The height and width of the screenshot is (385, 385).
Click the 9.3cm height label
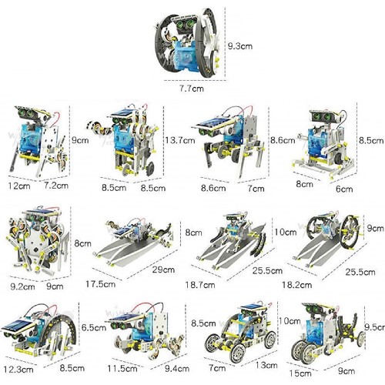pyautogui.click(x=240, y=46)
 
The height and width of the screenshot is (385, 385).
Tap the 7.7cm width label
pyautogui.click(x=192, y=89)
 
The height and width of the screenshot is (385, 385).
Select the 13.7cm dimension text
pyautogui.click(x=180, y=140)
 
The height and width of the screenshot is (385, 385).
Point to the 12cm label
pyautogui.click(x=19, y=186)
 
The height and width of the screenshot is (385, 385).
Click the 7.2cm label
pyautogui.click(x=56, y=185)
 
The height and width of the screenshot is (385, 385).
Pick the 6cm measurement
pyautogui.click(x=344, y=189)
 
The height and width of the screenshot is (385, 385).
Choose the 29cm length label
pyautogui.click(x=163, y=269)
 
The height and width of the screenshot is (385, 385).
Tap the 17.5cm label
pyautogui.click(x=100, y=284)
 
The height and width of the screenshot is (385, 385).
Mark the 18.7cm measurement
pyautogui.click(x=200, y=285)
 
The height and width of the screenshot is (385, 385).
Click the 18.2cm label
pyautogui.click(x=297, y=285)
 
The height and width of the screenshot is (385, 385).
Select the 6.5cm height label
pyautogui.click(x=94, y=327)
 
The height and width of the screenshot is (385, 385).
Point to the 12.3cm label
pyautogui.click(x=18, y=370)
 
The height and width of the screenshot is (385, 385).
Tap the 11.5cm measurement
pyautogui.click(x=122, y=369)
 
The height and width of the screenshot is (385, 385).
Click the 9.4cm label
pyautogui.click(x=177, y=369)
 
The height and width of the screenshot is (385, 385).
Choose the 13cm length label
pyautogui.click(x=266, y=365)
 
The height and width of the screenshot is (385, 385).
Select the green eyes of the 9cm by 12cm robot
pyautogui.click(x=27, y=112)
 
